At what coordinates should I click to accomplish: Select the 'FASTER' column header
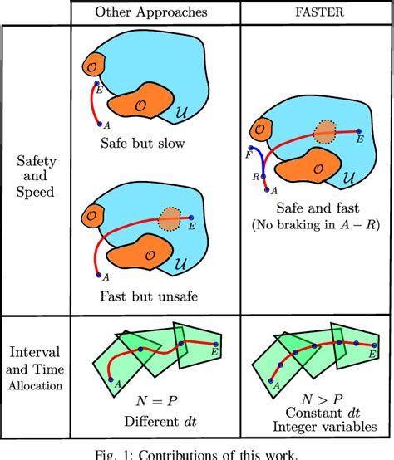click(x=315, y=12)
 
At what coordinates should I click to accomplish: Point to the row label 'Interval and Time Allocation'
click(x=34, y=356)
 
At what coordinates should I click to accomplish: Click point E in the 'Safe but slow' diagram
click(x=98, y=84)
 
